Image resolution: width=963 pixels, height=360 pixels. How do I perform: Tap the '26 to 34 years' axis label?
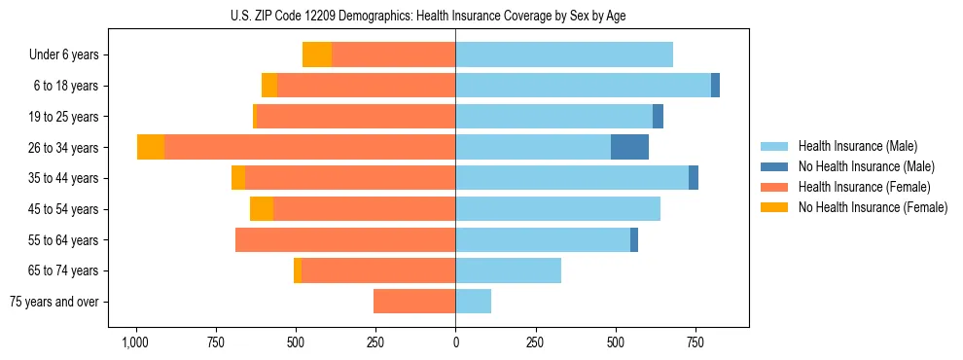tap(65, 148)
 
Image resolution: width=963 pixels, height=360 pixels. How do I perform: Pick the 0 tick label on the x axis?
tap(455, 343)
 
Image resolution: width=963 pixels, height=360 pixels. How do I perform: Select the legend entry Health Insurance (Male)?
tap(857, 146)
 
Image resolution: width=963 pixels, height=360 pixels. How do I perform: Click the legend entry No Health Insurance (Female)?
tap(873, 207)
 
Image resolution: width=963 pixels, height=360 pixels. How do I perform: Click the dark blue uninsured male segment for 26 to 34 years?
tap(629, 147)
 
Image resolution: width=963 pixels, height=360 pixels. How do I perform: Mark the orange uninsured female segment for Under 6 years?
tap(317, 54)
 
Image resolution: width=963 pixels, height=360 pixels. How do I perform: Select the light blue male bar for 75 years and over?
tap(473, 302)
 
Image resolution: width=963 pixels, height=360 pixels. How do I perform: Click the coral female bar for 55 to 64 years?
tap(345, 239)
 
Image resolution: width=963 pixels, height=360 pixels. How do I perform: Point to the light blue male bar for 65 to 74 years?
tap(508, 270)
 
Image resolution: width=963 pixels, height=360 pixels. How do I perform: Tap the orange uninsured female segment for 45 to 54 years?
tap(262, 209)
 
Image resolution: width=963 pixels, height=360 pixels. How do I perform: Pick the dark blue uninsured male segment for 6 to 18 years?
tap(715, 86)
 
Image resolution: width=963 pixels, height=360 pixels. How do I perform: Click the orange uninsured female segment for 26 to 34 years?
tap(151, 147)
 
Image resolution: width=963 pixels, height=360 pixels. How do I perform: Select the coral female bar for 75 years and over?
tap(414, 302)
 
